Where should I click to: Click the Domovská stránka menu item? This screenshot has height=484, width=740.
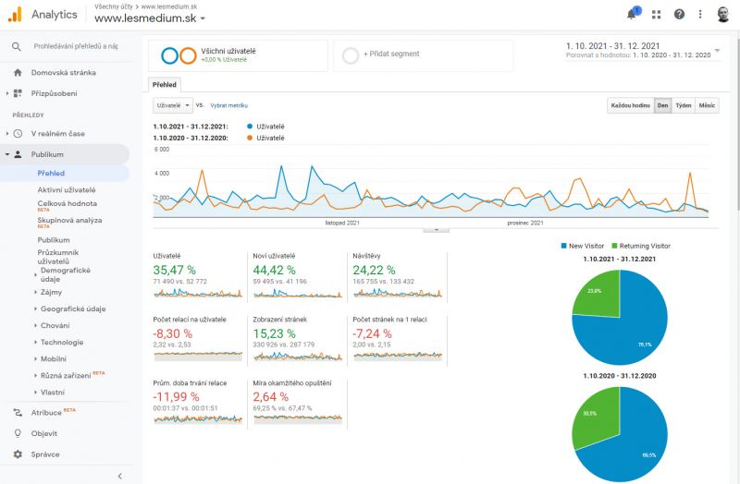63,72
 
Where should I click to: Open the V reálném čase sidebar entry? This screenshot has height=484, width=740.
57,134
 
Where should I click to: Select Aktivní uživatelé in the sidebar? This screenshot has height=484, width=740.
66,189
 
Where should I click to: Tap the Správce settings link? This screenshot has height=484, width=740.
44,454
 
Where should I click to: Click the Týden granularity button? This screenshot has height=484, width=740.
683,106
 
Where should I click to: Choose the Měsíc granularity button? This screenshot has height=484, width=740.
707,106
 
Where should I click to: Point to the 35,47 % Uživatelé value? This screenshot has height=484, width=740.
173,269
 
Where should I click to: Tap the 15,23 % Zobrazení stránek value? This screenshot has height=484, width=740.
273,333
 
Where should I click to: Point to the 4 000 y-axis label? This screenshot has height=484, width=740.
161,173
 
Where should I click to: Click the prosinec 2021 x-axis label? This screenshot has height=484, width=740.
524,223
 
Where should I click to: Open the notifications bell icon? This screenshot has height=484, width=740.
632,15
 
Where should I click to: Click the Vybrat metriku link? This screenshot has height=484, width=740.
228,106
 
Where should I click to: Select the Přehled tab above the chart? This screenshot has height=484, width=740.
166,85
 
